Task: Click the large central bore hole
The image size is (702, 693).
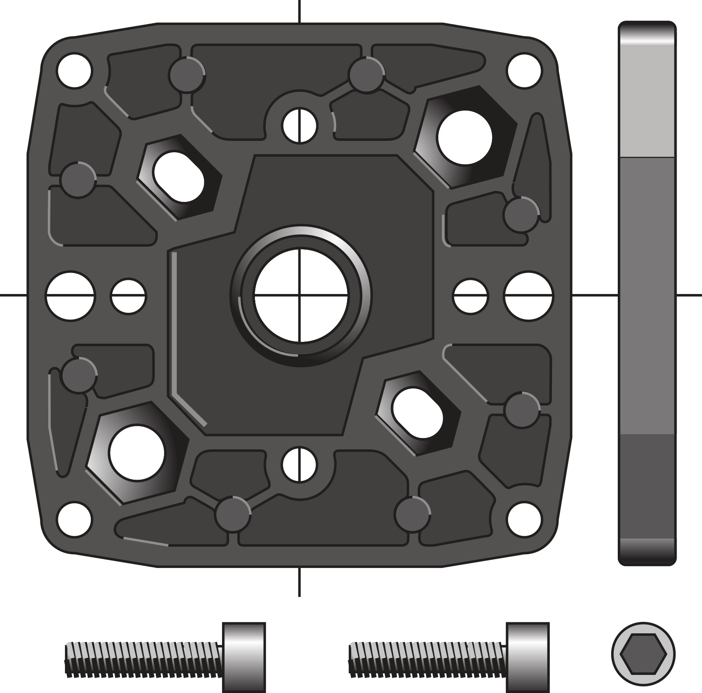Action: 300,295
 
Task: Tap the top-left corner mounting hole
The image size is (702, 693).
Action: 75,70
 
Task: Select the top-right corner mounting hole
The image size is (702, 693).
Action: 524,70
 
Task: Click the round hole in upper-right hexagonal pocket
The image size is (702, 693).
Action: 465,136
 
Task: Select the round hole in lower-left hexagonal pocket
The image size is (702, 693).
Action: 137,452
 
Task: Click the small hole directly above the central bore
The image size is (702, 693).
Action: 300,125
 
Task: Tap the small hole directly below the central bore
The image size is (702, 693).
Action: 300,464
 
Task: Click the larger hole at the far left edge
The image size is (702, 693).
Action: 71,295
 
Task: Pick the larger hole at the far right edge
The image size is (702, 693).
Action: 529,295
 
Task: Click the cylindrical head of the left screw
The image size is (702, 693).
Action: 244,657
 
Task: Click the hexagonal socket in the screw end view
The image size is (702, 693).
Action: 643,654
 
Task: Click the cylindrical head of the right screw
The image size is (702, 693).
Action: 527,657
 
